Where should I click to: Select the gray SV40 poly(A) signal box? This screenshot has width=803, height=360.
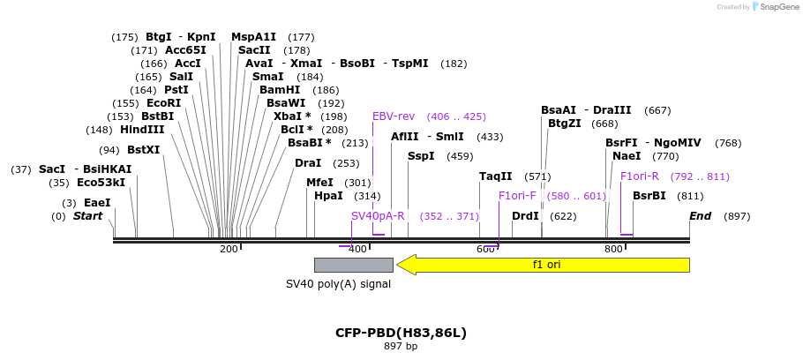pyautogui.click(x=353, y=265)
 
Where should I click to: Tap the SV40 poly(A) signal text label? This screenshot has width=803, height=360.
pyautogui.click(x=338, y=284)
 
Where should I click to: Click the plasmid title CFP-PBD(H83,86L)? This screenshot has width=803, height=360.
pyautogui.click(x=401, y=333)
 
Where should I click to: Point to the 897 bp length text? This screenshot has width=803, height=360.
pyautogui.click(x=401, y=346)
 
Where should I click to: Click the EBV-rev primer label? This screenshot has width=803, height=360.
pyautogui.click(x=394, y=116)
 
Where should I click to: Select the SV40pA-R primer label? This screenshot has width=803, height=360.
pyautogui.click(x=378, y=216)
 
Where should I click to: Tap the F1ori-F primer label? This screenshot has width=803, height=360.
pyautogui.click(x=517, y=196)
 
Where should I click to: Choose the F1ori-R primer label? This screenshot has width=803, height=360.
pyautogui.click(x=640, y=176)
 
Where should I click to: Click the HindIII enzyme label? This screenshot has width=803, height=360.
pyautogui.click(x=142, y=130)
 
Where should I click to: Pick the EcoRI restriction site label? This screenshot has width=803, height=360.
pyautogui.click(x=163, y=103)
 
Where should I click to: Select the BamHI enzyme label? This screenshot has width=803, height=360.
pyautogui.click(x=280, y=90)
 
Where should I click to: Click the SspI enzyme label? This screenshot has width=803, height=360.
pyautogui.click(x=421, y=156)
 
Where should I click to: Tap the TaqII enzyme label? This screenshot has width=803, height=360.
pyautogui.click(x=495, y=176)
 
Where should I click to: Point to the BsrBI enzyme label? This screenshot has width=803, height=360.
pyautogui.click(x=649, y=196)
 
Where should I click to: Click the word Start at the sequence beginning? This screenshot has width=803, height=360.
pyautogui.click(x=87, y=216)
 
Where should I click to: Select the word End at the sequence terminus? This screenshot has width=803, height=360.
pyautogui.click(x=700, y=216)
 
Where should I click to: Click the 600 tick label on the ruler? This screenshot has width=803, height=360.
pyautogui.click(x=485, y=249)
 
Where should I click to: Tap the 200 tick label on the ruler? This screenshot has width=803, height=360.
pyautogui.click(x=229, y=249)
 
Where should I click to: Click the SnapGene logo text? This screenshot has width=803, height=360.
pyautogui.click(x=777, y=7)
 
